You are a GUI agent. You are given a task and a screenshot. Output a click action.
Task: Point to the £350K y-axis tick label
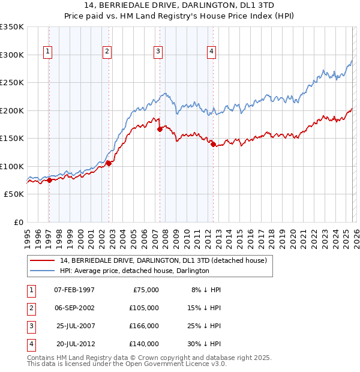(x=12, y=27)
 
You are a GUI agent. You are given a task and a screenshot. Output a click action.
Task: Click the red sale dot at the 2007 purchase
(x=160, y=129)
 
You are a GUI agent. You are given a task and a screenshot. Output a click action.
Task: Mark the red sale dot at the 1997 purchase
(x=49, y=180)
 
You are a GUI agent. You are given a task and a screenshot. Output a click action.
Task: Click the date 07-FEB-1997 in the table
(x=74, y=290)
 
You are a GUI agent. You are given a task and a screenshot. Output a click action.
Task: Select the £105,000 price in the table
(x=144, y=307)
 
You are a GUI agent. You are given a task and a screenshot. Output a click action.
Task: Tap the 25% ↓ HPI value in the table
(x=206, y=326)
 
